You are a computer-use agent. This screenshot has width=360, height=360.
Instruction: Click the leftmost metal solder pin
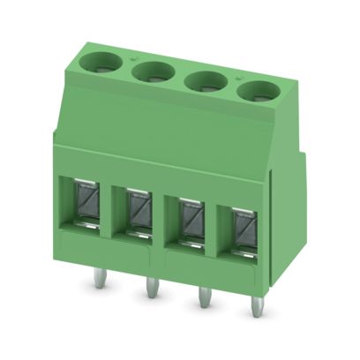point(97,280)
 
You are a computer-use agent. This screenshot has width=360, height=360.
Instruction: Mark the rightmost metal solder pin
point(257,306)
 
